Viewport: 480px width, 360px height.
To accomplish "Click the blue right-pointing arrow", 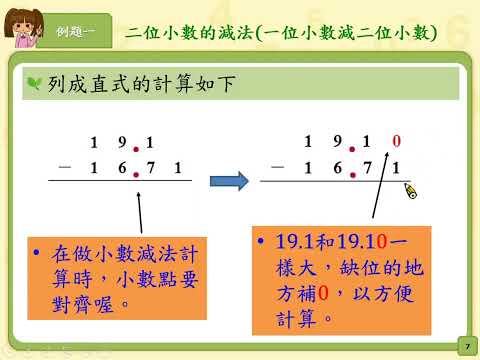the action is click(x=229, y=181).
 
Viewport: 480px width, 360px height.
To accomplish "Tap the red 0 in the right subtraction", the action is click(x=396, y=141).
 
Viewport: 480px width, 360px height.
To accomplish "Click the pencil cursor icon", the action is click(x=411, y=191).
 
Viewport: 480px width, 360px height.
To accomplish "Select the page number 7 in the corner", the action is click(x=467, y=347).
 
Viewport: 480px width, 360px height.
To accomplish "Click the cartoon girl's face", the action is click(x=23, y=28).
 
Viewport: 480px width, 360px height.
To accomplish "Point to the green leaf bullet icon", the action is click(x=34, y=83).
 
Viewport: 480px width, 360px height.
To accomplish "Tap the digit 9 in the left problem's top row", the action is click(x=122, y=142).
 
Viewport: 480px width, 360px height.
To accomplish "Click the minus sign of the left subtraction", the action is click(x=65, y=166).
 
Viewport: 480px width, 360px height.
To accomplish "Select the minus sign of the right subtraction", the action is click(x=278, y=166).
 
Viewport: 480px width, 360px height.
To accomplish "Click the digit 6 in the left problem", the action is click(x=122, y=167).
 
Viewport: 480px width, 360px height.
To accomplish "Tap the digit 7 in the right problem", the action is click(x=367, y=168).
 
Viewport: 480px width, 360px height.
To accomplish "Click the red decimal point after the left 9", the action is click(x=136, y=149).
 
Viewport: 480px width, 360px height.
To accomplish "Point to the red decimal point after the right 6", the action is click(x=353, y=175).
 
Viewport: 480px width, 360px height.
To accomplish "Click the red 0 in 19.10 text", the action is click(x=382, y=241).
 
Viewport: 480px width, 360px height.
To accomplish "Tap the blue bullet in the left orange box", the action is click(x=37, y=252).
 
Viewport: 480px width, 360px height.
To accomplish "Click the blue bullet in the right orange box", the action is click(x=261, y=240).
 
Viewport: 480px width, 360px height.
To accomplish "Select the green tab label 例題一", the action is click(x=75, y=32).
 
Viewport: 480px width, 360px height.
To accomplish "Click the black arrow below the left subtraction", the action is click(x=140, y=212).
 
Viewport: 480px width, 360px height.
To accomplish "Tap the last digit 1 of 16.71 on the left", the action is click(x=178, y=167).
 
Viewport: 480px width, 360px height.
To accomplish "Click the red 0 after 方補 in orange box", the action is click(x=323, y=294).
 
